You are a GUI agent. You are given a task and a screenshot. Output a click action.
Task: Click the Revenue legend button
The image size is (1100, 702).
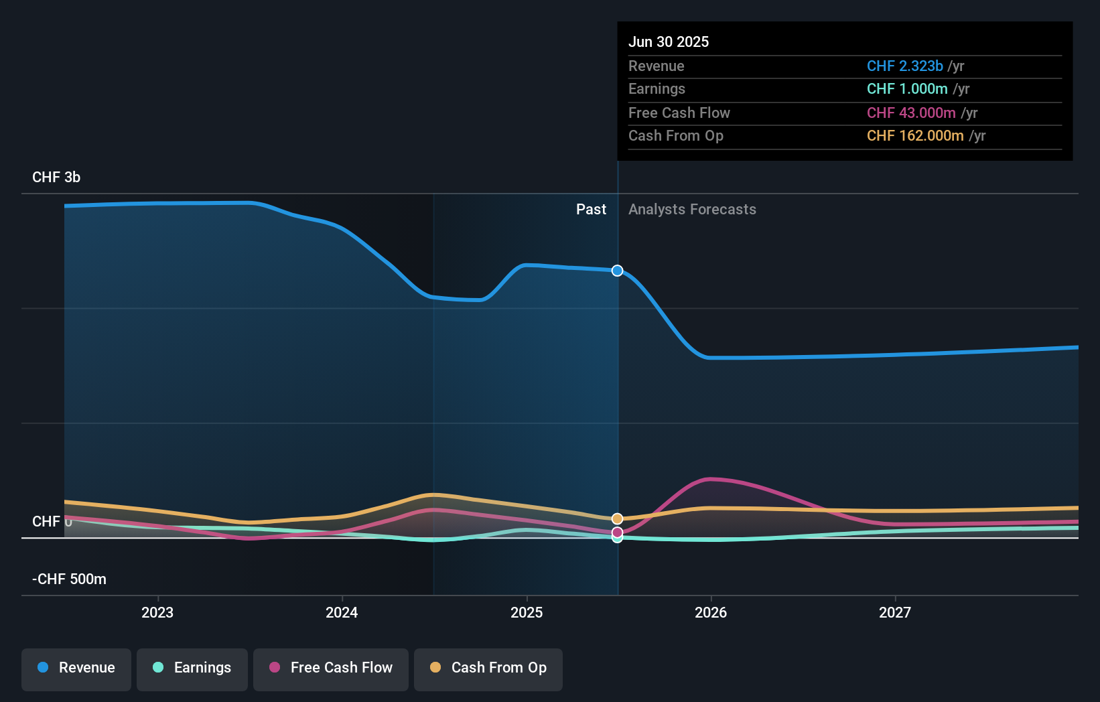[76, 669]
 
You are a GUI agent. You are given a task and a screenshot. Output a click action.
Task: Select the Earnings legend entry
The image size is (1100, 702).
[192, 669]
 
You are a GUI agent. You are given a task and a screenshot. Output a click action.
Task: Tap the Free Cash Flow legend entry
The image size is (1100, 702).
[331, 669]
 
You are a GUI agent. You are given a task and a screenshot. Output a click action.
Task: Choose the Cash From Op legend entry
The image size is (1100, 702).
[488, 669]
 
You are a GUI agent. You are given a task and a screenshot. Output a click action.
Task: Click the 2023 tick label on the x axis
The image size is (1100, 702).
[157, 613]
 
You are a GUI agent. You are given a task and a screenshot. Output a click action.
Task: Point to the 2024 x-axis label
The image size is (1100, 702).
[342, 613]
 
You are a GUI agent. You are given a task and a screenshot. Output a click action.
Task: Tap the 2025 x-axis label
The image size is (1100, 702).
[527, 613]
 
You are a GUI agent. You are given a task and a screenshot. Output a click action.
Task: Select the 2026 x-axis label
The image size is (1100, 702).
[711, 613]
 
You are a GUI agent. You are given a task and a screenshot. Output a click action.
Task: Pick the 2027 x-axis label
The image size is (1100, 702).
[895, 613]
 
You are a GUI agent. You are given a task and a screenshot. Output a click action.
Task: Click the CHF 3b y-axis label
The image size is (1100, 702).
[56, 178]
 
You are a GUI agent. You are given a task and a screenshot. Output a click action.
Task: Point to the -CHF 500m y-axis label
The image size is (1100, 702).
[69, 579]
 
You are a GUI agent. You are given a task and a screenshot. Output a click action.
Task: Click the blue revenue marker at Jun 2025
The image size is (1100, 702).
[617, 271]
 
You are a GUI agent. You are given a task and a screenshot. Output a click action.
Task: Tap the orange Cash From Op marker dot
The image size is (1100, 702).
[617, 518]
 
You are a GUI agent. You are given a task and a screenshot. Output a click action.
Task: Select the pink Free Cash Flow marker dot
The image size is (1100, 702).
[617, 533]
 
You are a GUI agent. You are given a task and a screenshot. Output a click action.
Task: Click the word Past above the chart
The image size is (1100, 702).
[591, 210]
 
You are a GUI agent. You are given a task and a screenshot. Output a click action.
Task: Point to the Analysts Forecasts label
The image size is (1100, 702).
[692, 210]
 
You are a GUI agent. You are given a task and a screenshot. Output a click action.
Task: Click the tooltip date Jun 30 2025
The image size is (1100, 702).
[669, 42]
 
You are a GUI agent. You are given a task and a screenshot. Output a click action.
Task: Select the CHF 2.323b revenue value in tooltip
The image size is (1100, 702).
[904, 66]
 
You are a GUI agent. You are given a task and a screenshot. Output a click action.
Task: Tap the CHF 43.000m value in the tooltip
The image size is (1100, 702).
[911, 113]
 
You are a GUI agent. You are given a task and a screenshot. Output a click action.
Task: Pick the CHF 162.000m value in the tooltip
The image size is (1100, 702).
[915, 136]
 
